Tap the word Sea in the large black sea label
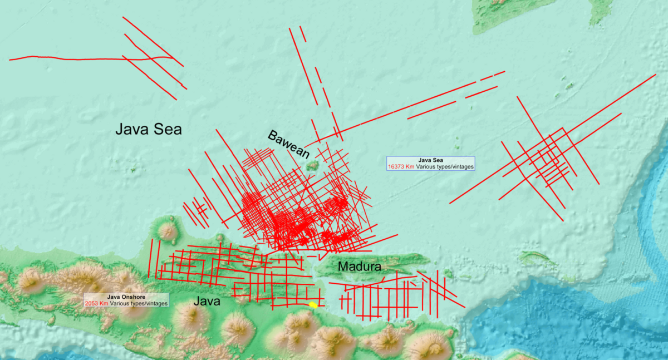[168, 129]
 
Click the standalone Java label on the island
[207, 302]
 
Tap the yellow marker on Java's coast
[313, 305]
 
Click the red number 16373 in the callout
[399, 167]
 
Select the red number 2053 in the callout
[92, 304]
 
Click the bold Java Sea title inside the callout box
[430, 160]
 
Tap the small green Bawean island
[312, 165]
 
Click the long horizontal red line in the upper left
[83, 58]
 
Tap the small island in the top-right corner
[600, 11]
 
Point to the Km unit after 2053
[104, 304]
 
